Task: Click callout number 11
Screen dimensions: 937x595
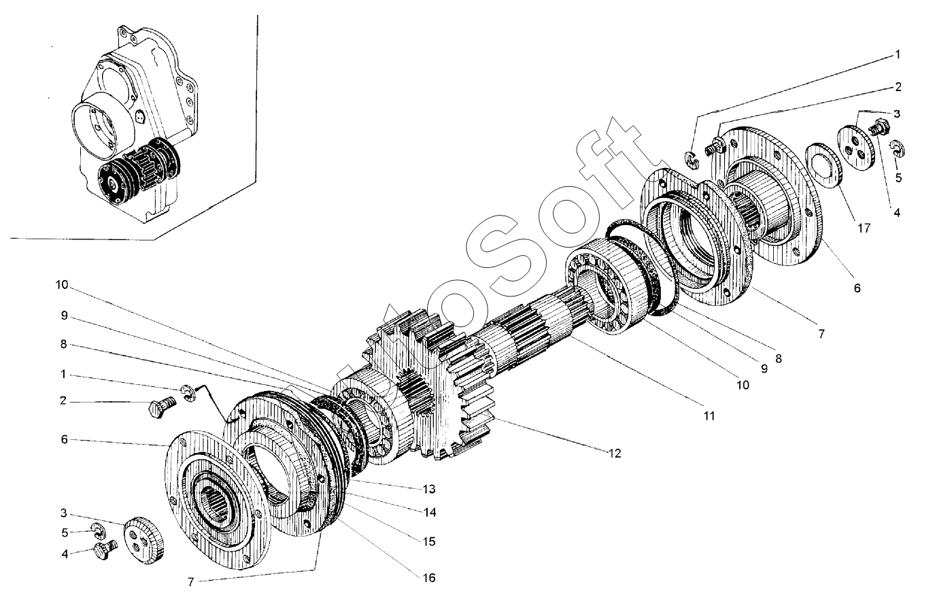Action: pyautogui.click(x=709, y=416)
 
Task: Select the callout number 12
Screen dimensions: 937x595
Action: pyautogui.click(x=615, y=453)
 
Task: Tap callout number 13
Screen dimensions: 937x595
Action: pyautogui.click(x=429, y=489)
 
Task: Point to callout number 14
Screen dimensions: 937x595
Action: pyautogui.click(x=430, y=512)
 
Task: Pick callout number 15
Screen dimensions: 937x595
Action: pyautogui.click(x=429, y=541)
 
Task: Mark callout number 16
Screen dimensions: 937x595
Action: pyautogui.click(x=429, y=578)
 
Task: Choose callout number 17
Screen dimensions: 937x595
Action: pyautogui.click(x=864, y=228)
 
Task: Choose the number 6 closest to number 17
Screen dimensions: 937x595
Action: pyautogui.click(x=857, y=288)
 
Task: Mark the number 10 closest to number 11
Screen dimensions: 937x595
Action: pyautogui.click(x=743, y=385)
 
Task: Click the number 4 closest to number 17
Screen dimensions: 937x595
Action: pyautogui.click(x=897, y=213)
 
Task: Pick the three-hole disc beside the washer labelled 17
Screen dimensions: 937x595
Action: pyautogui.click(x=856, y=148)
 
